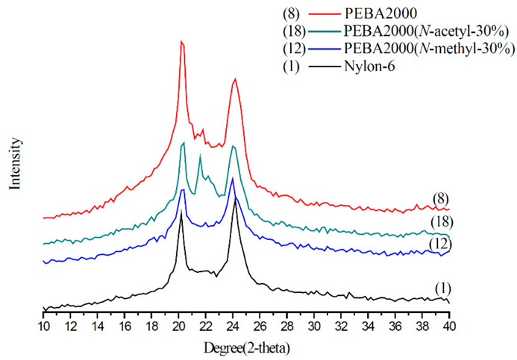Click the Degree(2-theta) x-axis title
click(246, 348)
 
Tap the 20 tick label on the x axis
click(179, 326)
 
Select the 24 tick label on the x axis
click(233, 326)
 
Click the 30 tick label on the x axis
click(314, 326)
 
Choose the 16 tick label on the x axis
click(125, 326)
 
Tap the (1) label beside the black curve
click(443, 288)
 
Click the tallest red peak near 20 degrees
click(181, 42)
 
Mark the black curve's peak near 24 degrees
click(235, 198)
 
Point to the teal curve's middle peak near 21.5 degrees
click(200, 155)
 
